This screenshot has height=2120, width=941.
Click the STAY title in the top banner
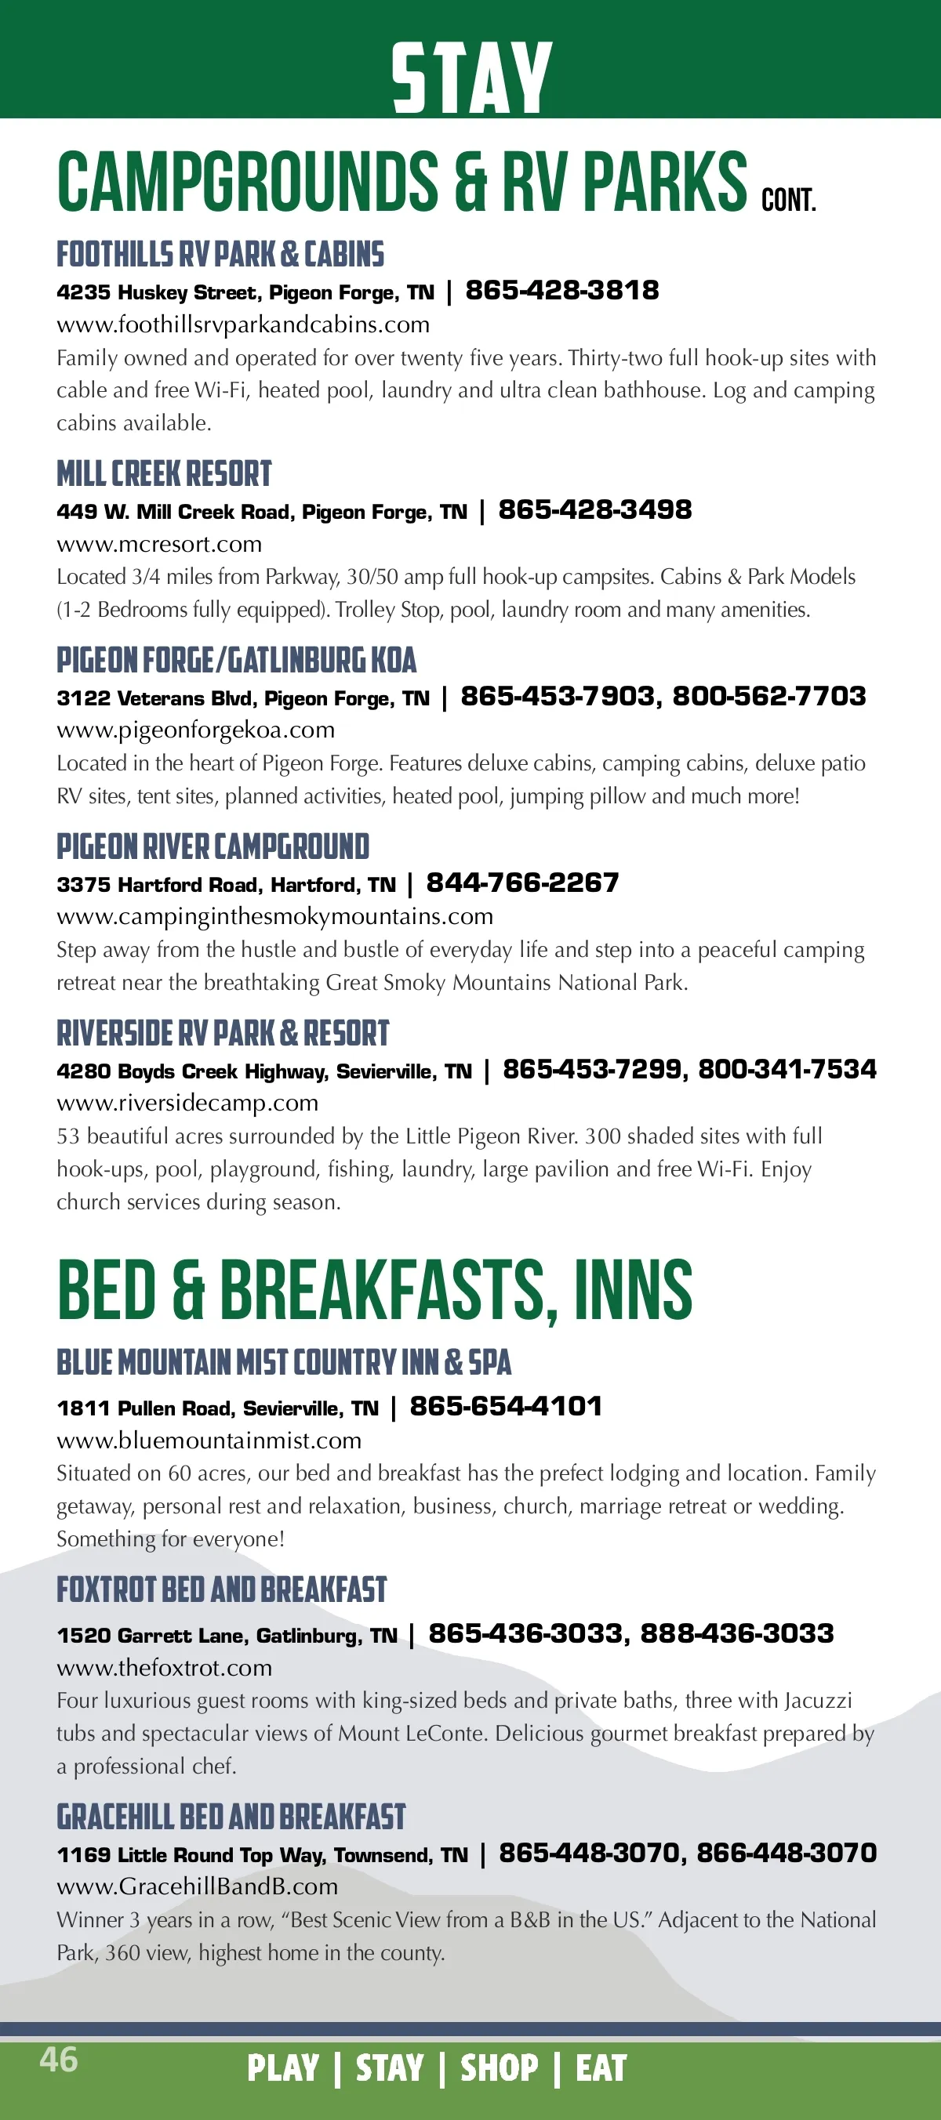(471, 78)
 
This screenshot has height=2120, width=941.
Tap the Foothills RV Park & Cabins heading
(220, 255)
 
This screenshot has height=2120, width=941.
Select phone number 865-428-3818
(562, 291)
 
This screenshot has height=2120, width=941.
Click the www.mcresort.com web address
(159, 544)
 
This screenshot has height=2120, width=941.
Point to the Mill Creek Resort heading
(164, 474)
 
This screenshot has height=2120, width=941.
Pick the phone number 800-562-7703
(769, 696)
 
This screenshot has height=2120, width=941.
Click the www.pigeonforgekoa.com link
(195, 730)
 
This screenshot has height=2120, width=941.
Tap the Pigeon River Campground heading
(213, 847)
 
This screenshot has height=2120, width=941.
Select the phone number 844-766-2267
(522, 883)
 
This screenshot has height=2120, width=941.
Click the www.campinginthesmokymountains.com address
(274, 916)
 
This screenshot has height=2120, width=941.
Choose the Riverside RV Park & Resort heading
(222, 1034)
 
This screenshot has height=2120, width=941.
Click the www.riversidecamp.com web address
(187, 1103)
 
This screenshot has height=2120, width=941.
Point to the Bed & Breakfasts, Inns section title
(375, 1291)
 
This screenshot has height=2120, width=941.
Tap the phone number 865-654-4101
(506, 1407)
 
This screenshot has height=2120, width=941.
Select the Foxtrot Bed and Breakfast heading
(221, 1590)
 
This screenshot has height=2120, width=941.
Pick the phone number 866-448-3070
(787, 1853)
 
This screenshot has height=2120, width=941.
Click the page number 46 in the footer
(59, 2059)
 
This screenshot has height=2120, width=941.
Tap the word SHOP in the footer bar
(499, 2068)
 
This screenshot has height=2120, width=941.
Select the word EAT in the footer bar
(601, 2068)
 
